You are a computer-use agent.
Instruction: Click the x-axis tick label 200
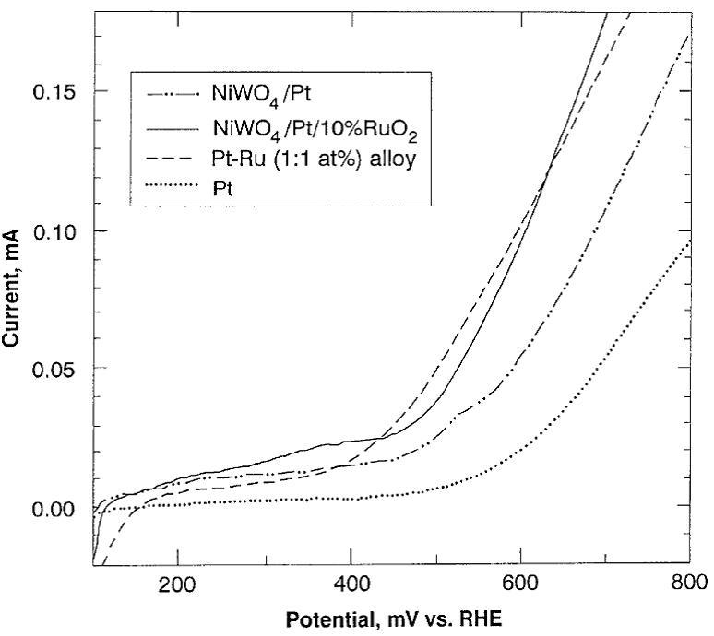tap(177, 583)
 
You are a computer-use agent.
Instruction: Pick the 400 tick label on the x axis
tap(351, 583)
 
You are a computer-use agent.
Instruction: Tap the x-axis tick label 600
tap(521, 583)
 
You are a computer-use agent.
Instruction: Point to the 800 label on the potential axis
tap(690, 583)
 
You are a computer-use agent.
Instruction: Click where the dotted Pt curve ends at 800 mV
tap(690, 241)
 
